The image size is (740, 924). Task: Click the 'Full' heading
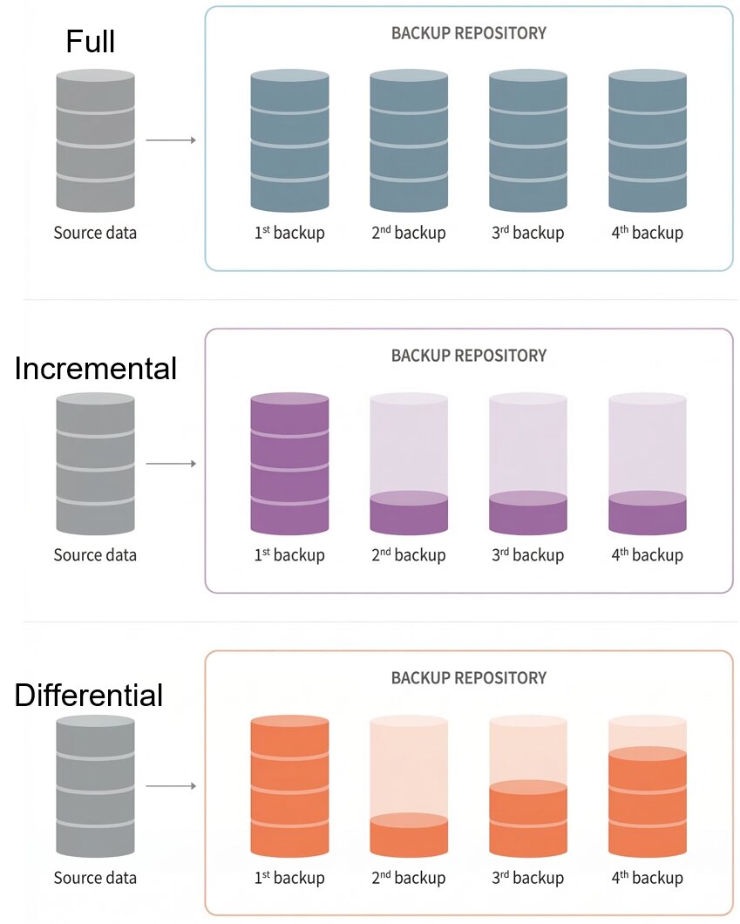point(91,41)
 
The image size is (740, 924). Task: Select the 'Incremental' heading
point(96,369)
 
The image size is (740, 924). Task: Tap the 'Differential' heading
point(89,695)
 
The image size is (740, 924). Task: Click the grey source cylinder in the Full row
point(95,140)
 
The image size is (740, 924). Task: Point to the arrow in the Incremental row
point(171,464)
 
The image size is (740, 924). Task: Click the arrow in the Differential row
point(171,786)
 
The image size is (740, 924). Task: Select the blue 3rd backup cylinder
point(528,140)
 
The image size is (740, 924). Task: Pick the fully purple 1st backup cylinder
point(289,464)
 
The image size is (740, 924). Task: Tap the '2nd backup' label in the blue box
point(409,233)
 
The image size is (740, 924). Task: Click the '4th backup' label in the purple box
point(648,555)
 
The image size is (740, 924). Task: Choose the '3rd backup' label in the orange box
point(528,878)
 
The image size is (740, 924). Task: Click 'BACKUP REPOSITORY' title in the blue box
point(469,33)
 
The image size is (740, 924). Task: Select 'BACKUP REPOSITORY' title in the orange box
point(469,677)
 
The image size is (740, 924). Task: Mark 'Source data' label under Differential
point(95,878)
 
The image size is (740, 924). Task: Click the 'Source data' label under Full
point(95,233)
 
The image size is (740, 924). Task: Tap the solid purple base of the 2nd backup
point(409,514)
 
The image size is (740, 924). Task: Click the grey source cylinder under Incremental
point(95,464)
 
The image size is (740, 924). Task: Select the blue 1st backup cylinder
point(289,140)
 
